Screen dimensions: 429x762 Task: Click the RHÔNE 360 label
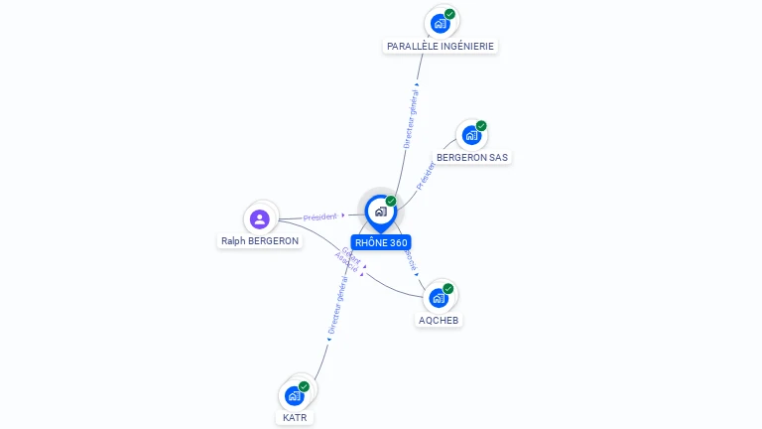click(x=381, y=242)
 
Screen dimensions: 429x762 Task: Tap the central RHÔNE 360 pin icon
click(x=380, y=212)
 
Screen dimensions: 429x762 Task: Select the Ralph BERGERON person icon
click(x=260, y=218)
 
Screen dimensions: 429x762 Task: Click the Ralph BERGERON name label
click(x=260, y=240)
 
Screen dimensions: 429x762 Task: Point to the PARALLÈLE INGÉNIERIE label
click(x=441, y=46)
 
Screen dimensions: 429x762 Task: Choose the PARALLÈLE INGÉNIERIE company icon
click(x=440, y=23)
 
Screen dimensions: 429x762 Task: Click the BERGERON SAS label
click(x=472, y=157)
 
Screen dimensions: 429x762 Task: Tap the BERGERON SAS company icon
click(x=471, y=135)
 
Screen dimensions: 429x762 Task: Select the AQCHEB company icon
click(x=439, y=297)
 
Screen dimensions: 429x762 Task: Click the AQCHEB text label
click(x=440, y=320)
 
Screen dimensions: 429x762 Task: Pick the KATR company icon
click(x=294, y=395)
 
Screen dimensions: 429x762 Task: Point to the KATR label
click(x=295, y=418)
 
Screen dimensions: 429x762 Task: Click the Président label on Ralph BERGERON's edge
click(x=320, y=215)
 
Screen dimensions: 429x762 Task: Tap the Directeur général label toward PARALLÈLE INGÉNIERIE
click(x=414, y=117)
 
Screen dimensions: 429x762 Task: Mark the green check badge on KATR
click(x=304, y=386)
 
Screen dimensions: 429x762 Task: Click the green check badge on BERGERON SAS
click(x=481, y=126)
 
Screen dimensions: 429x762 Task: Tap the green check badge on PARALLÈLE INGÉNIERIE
click(x=449, y=14)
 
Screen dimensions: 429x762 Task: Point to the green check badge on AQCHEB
click(x=448, y=288)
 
